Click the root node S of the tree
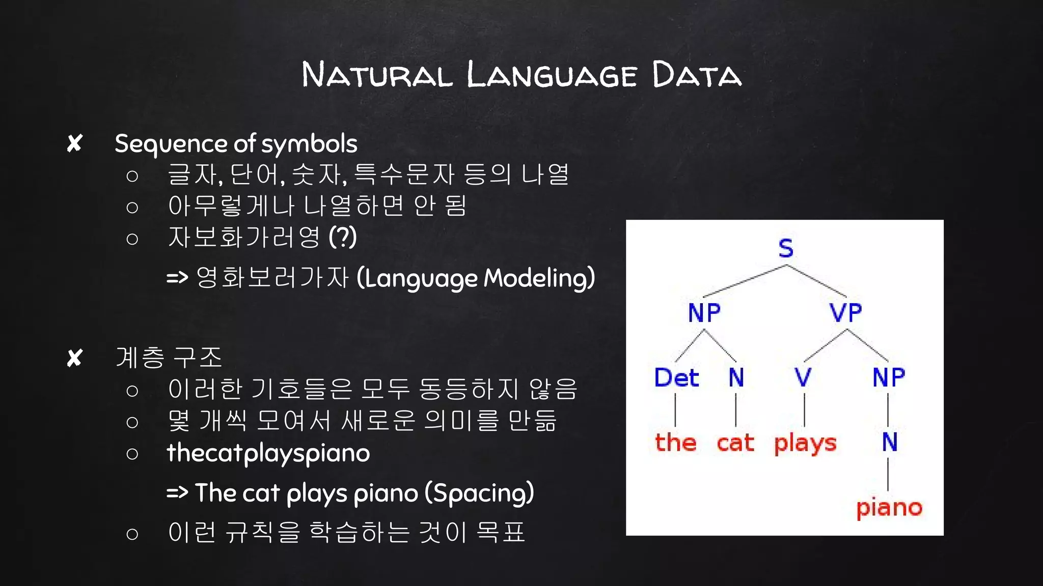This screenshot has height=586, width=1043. pyautogui.click(x=786, y=248)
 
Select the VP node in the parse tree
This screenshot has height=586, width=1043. pyautogui.click(x=845, y=312)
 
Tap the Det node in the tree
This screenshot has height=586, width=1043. pyautogui.click(x=676, y=377)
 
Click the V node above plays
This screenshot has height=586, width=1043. pyautogui.click(x=803, y=377)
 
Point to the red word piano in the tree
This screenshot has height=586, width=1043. pyautogui.click(x=889, y=508)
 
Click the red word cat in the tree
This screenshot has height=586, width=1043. pyautogui.click(x=735, y=443)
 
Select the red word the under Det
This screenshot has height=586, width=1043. pyautogui.click(x=675, y=442)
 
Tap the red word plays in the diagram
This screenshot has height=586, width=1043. pyautogui.click(x=805, y=444)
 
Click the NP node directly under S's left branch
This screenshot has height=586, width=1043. pyautogui.click(x=704, y=312)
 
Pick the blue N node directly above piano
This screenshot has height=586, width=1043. pyautogui.click(x=890, y=442)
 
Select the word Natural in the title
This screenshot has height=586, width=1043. pyautogui.click(x=377, y=75)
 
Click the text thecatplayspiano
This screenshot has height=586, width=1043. pyautogui.click(x=268, y=453)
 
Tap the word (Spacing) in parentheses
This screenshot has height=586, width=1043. pyautogui.click(x=479, y=493)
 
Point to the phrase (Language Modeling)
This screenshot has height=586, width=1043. pyautogui.click(x=476, y=278)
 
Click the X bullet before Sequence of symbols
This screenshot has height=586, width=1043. pyautogui.click(x=74, y=143)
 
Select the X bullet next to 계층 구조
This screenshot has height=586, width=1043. pyautogui.click(x=74, y=358)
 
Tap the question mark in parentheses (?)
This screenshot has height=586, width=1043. pyautogui.click(x=343, y=237)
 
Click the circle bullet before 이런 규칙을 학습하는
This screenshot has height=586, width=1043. pyautogui.click(x=132, y=534)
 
